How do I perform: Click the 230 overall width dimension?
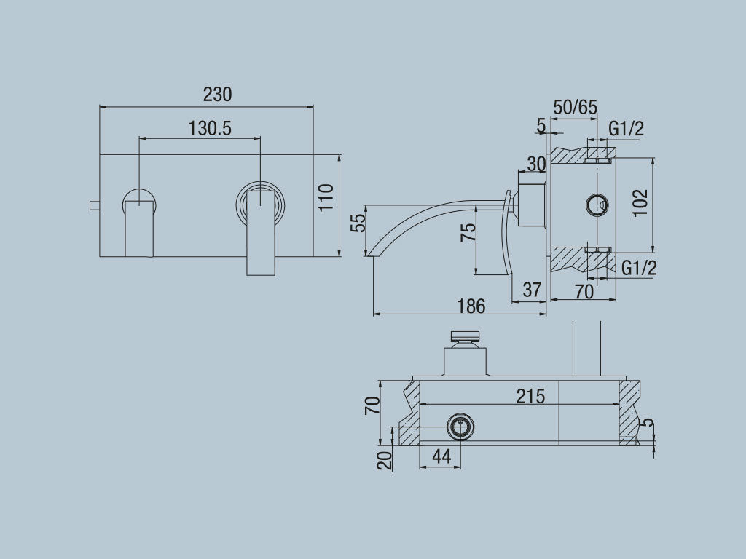tap(217, 95)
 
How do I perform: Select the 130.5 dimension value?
tap(210, 129)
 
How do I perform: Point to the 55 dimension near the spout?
tap(358, 222)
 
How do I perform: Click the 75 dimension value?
tap(468, 231)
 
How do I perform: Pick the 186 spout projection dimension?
tap(471, 306)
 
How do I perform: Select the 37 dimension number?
tap(533, 290)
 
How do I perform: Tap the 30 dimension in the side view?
tap(535, 164)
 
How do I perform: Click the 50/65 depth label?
tap(576, 108)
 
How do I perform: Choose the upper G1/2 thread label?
tap(627, 130)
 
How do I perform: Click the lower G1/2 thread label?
tap(639, 268)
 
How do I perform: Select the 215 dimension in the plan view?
tap(530, 396)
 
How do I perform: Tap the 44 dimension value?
tap(441, 456)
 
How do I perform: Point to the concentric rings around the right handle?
tap(260, 203)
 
